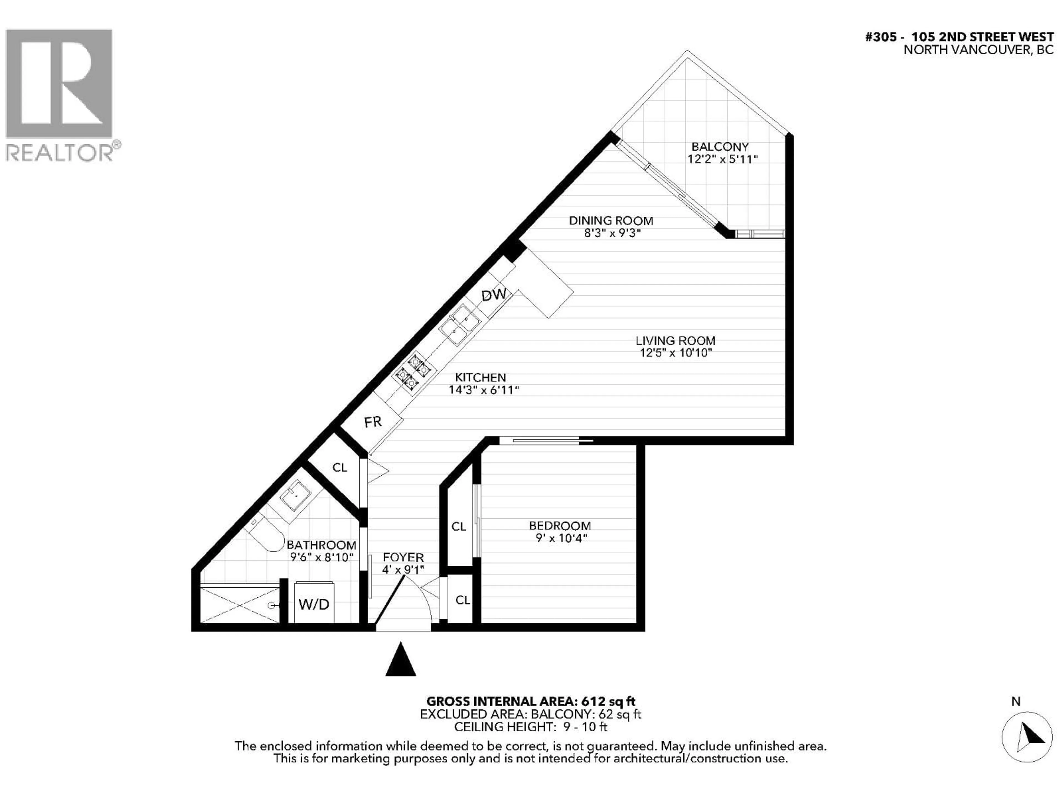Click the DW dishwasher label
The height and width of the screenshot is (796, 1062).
[494, 295]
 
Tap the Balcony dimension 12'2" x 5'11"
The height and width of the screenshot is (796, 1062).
[722, 159]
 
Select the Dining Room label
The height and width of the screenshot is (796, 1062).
[611, 221]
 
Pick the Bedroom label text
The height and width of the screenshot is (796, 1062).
[560, 526]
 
